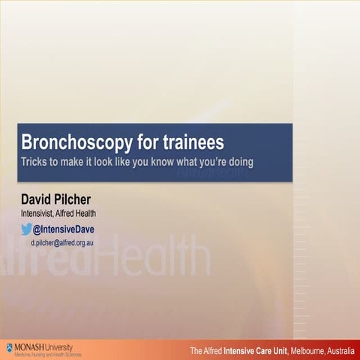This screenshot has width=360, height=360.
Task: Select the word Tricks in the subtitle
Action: (35, 161)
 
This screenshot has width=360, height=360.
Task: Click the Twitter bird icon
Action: (25, 229)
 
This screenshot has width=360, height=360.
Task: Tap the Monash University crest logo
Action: (10, 347)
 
